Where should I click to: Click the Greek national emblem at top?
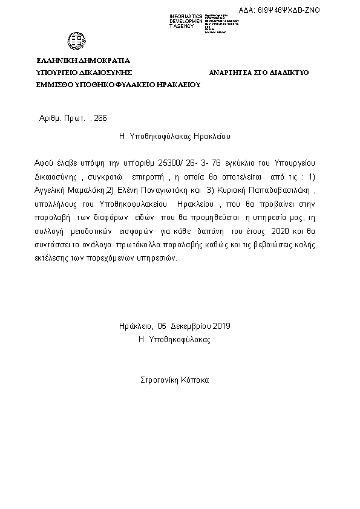(x=77, y=41)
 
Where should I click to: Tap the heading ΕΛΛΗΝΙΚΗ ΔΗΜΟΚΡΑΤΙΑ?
(x=83, y=60)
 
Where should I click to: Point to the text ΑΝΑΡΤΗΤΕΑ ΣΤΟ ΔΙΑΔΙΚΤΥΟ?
(x=259, y=73)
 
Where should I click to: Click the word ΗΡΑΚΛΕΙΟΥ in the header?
(x=178, y=85)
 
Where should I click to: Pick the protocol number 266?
(x=100, y=118)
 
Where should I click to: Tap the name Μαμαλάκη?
(x=85, y=190)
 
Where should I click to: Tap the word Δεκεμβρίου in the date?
(x=187, y=326)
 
